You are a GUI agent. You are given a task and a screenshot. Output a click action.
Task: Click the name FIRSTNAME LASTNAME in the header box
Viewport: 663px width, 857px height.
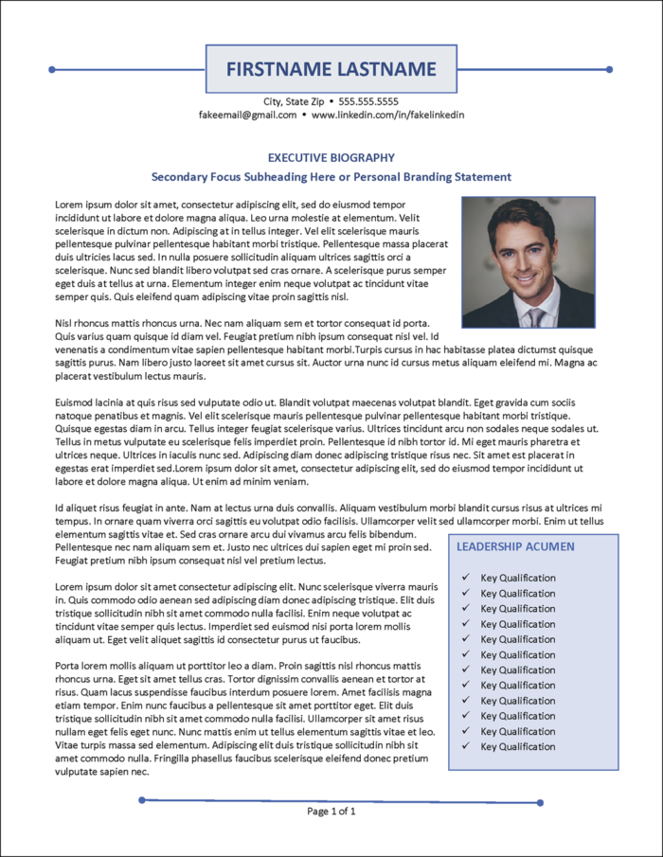[x=331, y=69]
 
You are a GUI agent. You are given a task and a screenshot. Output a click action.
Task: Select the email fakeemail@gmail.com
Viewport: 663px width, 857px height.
[x=248, y=115]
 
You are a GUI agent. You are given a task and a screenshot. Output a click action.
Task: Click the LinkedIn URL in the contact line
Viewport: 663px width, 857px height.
[x=387, y=115]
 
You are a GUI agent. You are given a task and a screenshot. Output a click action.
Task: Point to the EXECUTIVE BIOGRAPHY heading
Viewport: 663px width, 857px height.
[x=331, y=158]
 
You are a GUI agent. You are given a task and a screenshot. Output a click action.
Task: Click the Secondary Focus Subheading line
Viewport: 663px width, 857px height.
[x=331, y=177]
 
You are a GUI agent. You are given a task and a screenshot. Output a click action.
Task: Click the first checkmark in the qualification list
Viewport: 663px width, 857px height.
[x=464, y=578]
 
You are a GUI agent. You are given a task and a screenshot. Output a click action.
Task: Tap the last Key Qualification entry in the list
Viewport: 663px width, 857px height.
[x=518, y=746]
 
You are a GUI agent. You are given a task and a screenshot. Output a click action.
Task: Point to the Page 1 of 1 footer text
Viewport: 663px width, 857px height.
[x=331, y=812]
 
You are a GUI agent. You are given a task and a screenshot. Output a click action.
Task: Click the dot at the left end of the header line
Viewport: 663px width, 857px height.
[x=52, y=69]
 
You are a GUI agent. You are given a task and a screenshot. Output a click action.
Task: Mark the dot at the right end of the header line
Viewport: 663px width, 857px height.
[x=609, y=69]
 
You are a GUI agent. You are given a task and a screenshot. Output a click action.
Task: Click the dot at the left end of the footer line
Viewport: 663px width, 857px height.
[x=142, y=800]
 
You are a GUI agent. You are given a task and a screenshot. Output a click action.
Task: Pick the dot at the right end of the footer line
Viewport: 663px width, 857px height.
[x=541, y=802]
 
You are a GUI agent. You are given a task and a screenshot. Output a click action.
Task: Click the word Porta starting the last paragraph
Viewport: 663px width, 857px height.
[x=69, y=665]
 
